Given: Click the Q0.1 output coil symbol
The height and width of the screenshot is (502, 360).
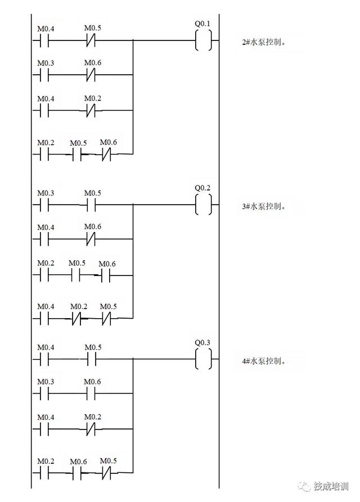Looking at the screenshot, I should coord(204,40).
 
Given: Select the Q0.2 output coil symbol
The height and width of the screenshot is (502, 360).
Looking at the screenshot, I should coord(204,205).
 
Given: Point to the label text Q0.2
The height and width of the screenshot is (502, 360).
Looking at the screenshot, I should coord(202,188).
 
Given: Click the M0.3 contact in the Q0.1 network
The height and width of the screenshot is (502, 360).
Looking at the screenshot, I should coord(44,74).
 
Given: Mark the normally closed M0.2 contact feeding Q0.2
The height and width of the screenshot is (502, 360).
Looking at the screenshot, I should coord(76,319).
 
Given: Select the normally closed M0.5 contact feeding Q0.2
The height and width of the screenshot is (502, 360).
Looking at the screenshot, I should coord(107,319).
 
